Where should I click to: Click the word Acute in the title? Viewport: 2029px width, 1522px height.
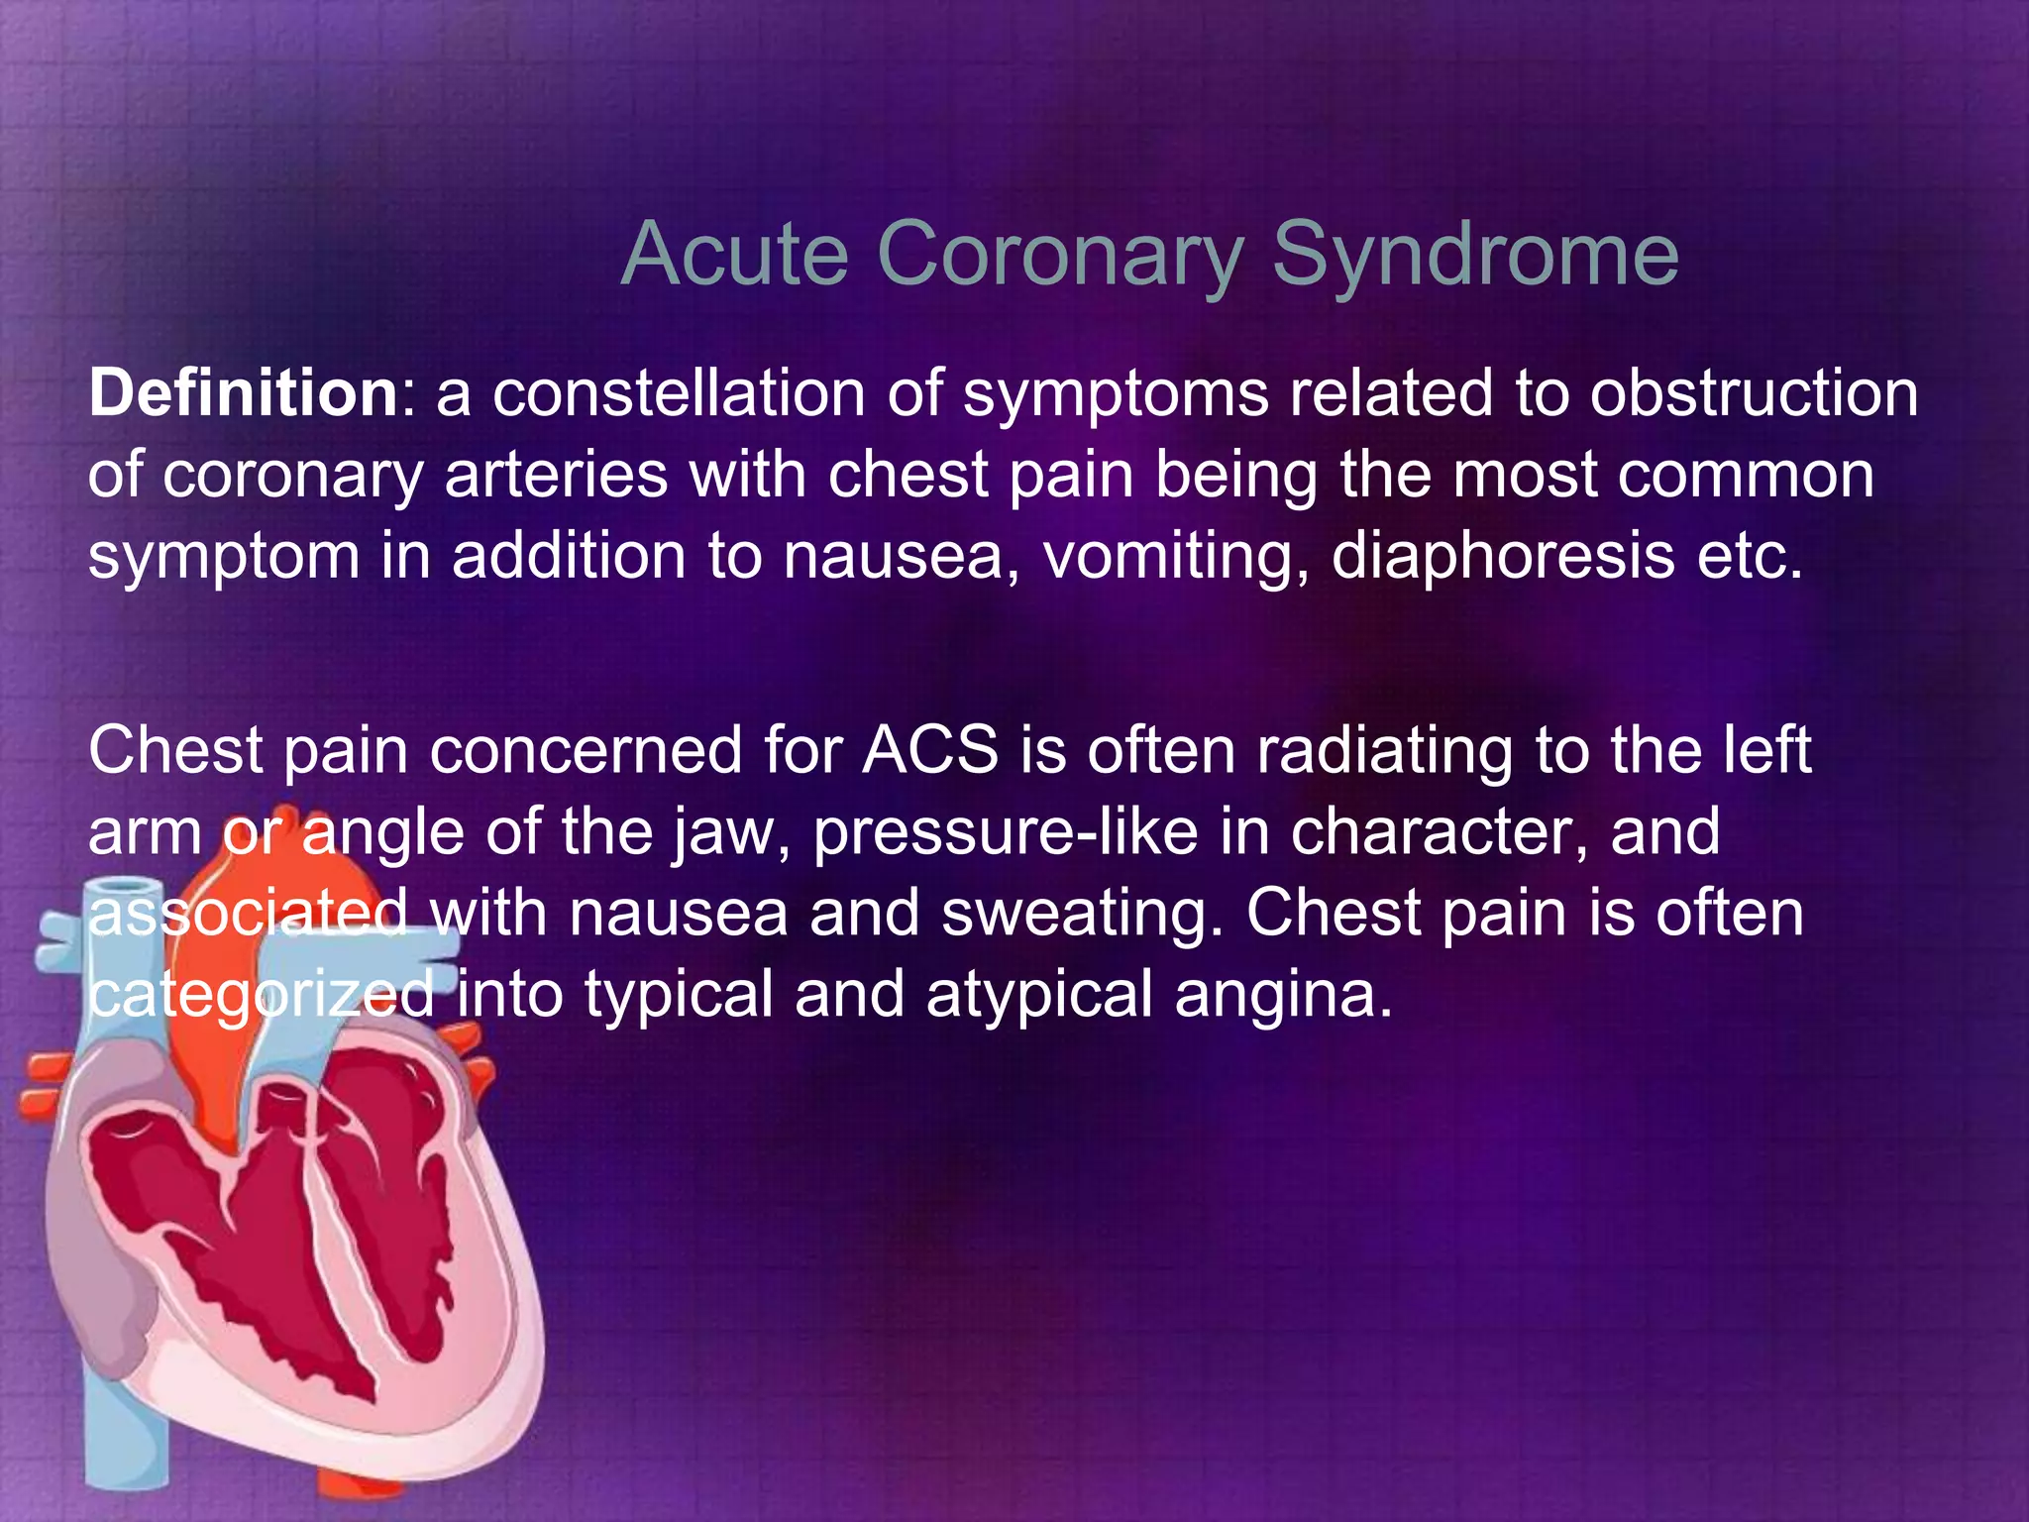pos(734,254)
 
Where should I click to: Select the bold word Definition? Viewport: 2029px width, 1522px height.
pos(243,393)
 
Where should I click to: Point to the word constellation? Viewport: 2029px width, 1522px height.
pos(679,393)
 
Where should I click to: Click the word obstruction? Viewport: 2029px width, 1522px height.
pos(1755,393)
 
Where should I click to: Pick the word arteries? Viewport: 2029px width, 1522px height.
pos(556,475)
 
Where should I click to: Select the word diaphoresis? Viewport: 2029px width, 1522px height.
pos(1502,556)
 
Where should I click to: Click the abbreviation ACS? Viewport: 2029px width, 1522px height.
pos(930,750)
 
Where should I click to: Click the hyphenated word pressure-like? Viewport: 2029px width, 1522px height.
pos(1005,831)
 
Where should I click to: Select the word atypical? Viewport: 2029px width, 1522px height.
pos(1039,994)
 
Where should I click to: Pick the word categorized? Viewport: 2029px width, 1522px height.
pos(262,994)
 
